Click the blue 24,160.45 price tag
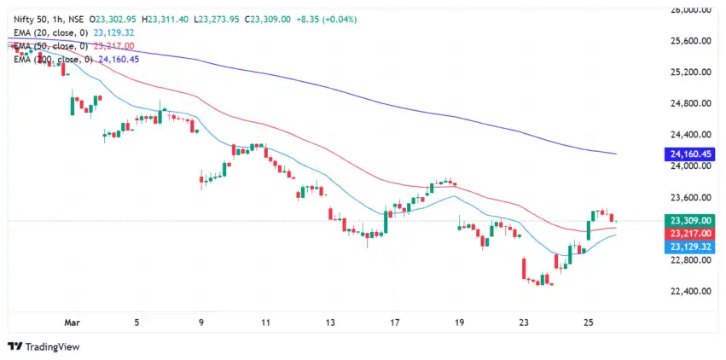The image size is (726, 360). point(687,154)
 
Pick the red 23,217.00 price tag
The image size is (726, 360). point(687,233)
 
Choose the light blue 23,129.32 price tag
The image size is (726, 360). point(687,246)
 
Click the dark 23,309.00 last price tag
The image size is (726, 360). point(687,220)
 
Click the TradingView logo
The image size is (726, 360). point(44,346)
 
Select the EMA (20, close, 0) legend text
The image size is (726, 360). point(49,32)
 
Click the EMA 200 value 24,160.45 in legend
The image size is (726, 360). point(125,60)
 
